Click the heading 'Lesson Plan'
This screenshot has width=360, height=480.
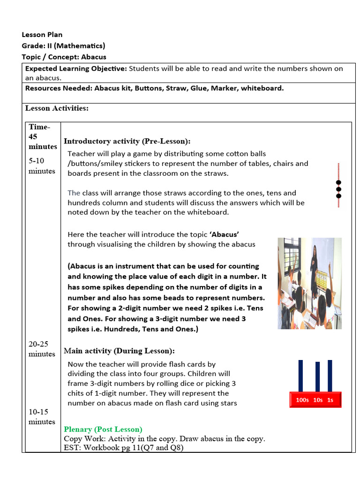pyautogui.click(x=42, y=35)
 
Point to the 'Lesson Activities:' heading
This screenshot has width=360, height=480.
pyautogui.click(x=57, y=108)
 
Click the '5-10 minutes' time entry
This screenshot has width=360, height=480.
pyautogui.click(x=42, y=166)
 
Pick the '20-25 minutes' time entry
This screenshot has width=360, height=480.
pyautogui.click(x=42, y=349)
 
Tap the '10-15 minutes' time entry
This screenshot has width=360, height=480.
pyautogui.click(x=42, y=417)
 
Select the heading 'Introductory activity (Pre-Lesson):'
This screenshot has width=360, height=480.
pyautogui.click(x=127, y=141)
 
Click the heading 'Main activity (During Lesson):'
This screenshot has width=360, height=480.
pyautogui.click(x=119, y=351)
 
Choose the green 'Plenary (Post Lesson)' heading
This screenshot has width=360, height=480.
pyautogui.click(x=103, y=429)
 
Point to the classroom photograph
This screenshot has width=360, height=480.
pyautogui.click(x=309, y=283)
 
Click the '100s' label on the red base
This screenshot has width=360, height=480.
pyautogui.click(x=302, y=400)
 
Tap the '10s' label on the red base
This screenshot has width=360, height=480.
pyautogui.click(x=318, y=400)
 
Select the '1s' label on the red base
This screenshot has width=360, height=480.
pyautogui.click(x=330, y=400)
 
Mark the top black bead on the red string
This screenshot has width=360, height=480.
pyautogui.click(x=338, y=182)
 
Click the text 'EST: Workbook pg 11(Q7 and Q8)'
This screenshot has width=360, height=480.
pyautogui.click(x=124, y=448)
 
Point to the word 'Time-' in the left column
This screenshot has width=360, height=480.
pyautogui.click(x=39, y=127)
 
